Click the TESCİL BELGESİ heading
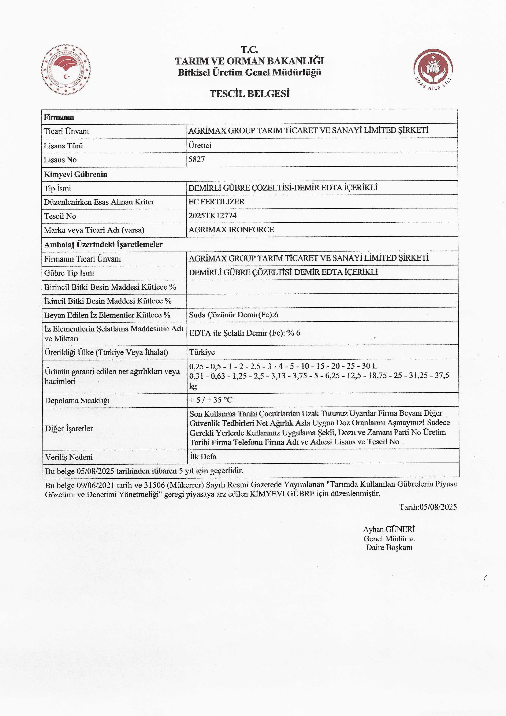tap(249, 94)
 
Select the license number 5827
tap(197, 159)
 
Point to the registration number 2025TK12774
tap(213, 215)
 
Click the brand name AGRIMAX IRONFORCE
tap(231, 230)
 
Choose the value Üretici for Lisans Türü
tap(200, 145)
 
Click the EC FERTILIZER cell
tap(216, 201)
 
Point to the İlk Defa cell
tap(203, 457)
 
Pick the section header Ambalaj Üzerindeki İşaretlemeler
tap(103, 245)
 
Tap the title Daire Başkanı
tap(389, 547)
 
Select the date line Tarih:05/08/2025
tap(428, 507)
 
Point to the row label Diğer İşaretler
tap(69, 429)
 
